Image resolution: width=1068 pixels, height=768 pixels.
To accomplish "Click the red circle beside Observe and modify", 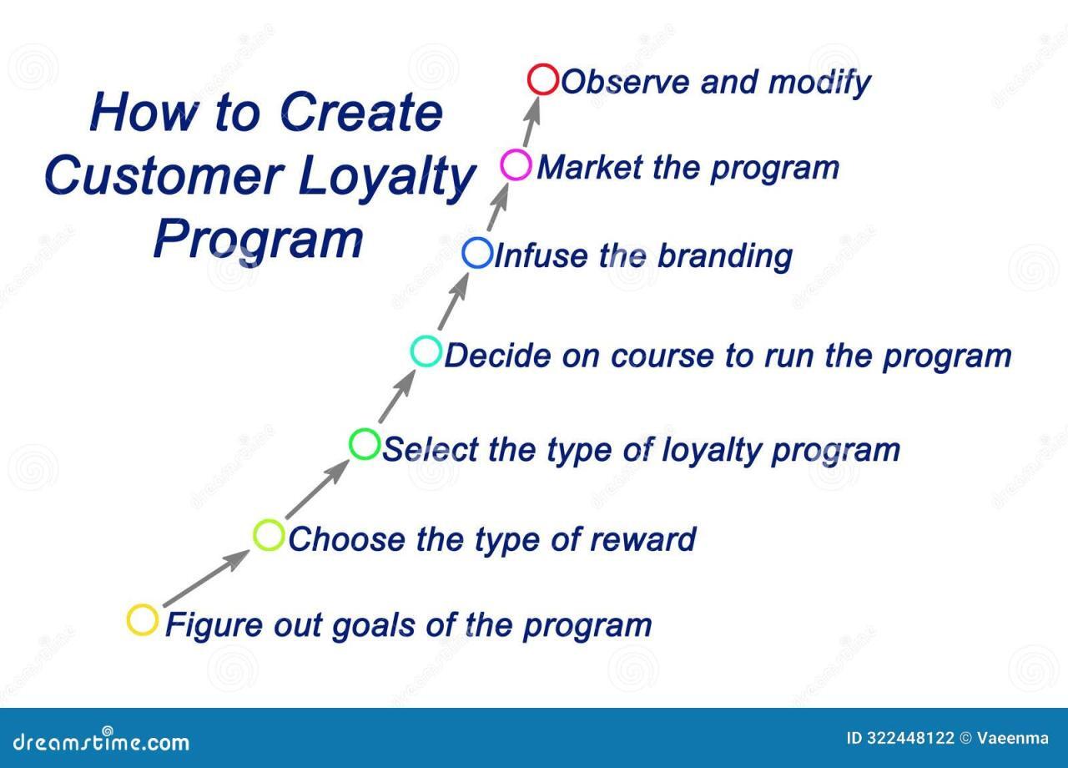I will click(543, 80).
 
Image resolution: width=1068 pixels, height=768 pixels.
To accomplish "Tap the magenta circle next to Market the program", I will click(516, 164).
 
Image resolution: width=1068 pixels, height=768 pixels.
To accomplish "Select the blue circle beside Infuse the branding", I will click(477, 253).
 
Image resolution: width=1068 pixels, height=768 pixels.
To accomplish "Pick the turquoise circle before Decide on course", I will click(426, 351).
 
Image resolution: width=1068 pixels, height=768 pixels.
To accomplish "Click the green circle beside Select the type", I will click(365, 443).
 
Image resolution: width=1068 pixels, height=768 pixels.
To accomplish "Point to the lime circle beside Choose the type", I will click(269, 535).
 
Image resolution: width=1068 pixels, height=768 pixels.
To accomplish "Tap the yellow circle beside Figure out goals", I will click(143, 620).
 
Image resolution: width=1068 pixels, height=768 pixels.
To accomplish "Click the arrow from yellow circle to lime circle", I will click(205, 578).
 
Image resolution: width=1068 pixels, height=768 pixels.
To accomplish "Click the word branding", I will click(723, 256).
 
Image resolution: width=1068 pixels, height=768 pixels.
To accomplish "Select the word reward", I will click(642, 539).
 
